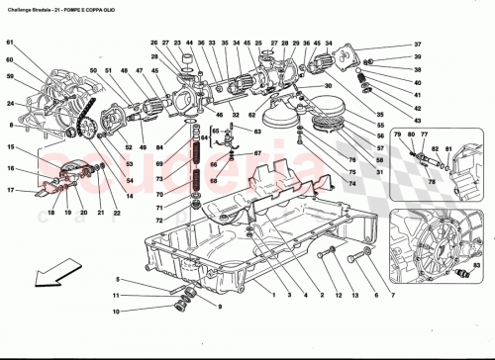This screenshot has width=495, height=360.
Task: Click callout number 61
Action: [x=10, y=43]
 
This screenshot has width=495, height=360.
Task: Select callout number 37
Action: [x=418, y=45]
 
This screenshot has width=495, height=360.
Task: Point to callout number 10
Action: [x=117, y=280]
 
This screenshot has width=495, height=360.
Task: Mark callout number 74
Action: [x=350, y=183]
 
